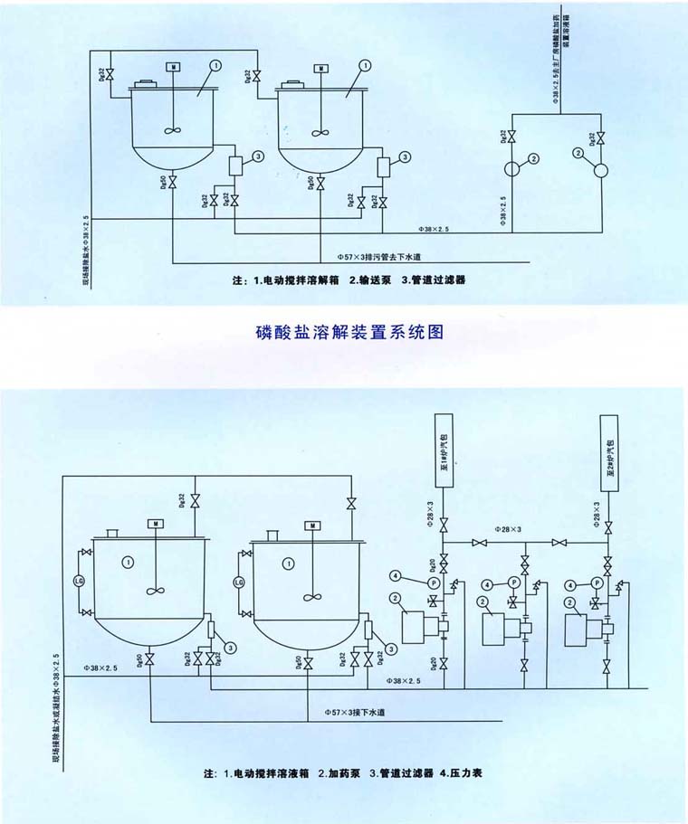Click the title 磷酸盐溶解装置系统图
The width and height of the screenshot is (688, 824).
pos(349,331)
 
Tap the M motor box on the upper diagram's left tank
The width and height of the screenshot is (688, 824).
pos(173,68)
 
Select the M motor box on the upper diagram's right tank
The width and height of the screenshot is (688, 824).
pos(320,69)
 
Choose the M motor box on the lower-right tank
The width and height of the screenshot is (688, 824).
pos(312,526)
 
